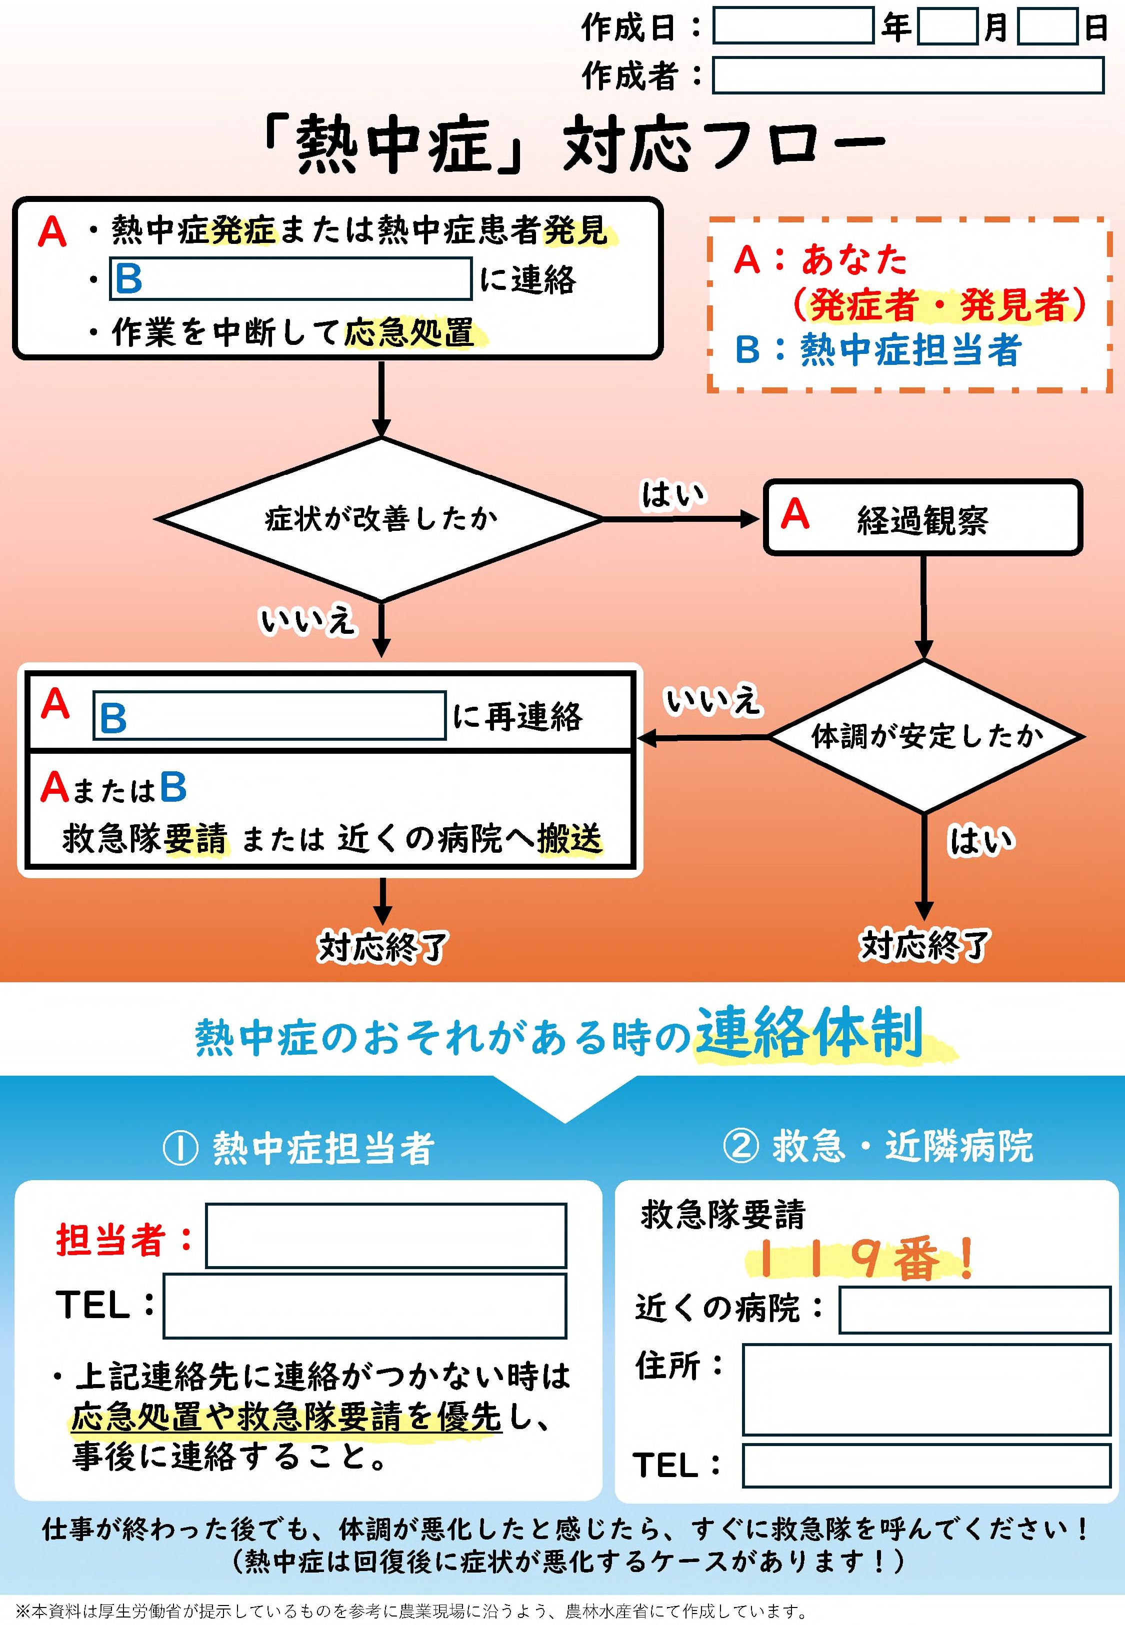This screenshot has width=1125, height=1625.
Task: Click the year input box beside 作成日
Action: pos(793,26)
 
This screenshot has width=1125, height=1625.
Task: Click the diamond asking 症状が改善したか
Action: pos(380,519)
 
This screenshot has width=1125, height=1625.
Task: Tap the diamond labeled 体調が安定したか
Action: pos(925,736)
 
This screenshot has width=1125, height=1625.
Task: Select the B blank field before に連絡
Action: pos(290,279)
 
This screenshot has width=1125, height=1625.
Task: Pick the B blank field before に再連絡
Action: pos(269,715)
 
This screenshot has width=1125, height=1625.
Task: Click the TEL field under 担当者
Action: pos(364,1305)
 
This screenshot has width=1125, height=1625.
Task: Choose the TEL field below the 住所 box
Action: pos(926,1465)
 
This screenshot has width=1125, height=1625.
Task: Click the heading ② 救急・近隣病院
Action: pos(878,1146)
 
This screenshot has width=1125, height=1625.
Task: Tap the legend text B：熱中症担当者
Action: pos(877,349)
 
